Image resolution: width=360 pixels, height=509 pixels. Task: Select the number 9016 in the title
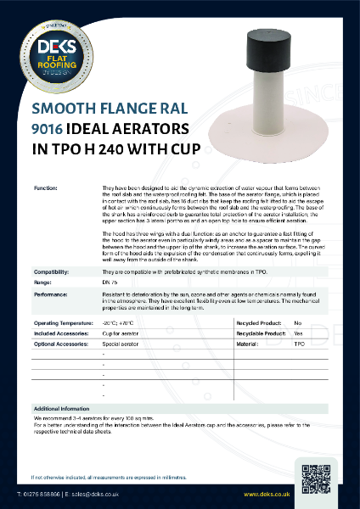point(48,131)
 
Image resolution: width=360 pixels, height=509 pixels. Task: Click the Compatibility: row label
point(52,272)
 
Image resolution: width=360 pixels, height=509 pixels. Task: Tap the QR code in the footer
point(315,475)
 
